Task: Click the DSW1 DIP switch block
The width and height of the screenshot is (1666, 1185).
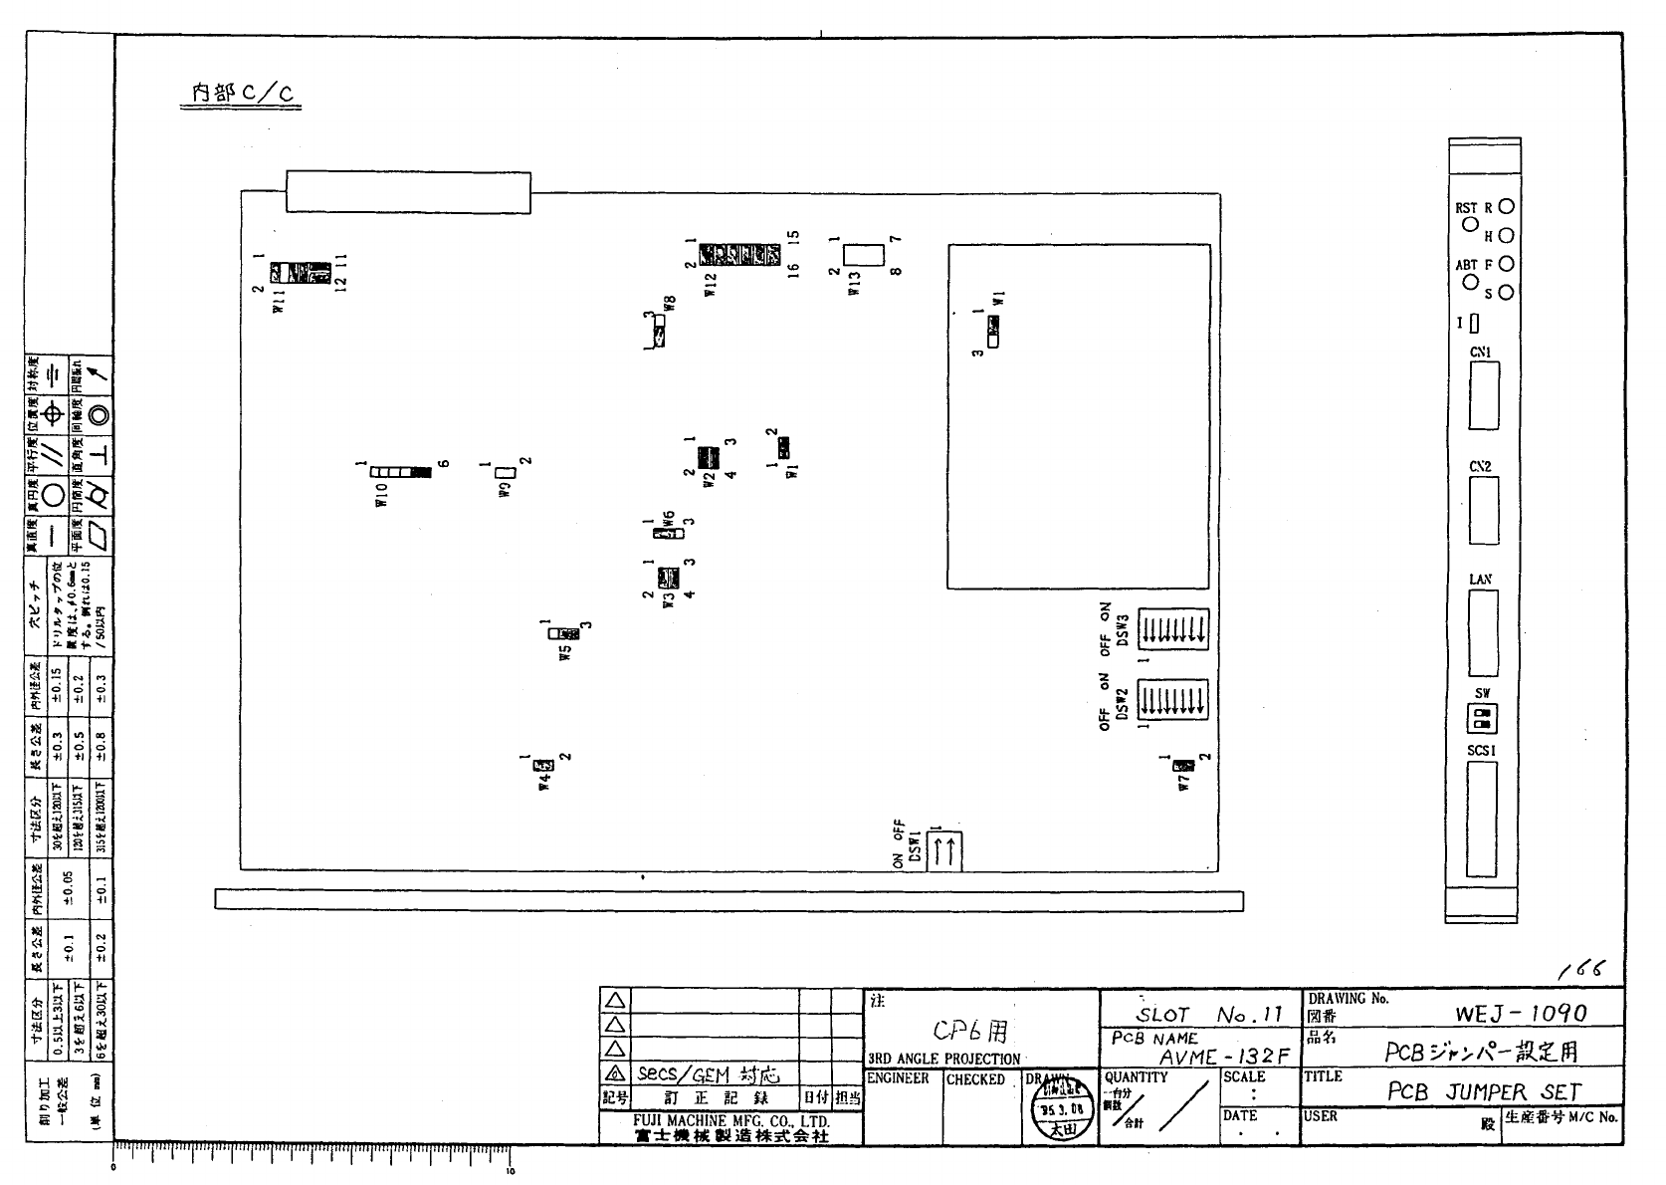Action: (x=945, y=850)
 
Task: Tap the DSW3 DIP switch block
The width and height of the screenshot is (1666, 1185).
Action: (x=1172, y=627)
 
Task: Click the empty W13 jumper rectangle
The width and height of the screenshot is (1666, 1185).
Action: (x=864, y=254)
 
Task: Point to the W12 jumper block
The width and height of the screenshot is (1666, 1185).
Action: (x=738, y=254)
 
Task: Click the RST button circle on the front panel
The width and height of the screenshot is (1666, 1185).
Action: (x=1469, y=224)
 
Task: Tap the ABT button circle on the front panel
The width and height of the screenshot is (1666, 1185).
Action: (x=1469, y=282)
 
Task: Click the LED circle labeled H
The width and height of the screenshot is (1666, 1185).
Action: (x=1506, y=236)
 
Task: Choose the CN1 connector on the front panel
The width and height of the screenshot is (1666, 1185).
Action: (x=1483, y=396)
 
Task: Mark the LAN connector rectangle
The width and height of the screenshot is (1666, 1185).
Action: (x=1482, y=635)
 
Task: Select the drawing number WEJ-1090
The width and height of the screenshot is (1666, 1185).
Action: (x=1521, y=1013)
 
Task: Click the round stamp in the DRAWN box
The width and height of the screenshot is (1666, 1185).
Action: (x=1055, y=1107)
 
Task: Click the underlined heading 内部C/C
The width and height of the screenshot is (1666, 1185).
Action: (x=242, y=94)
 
